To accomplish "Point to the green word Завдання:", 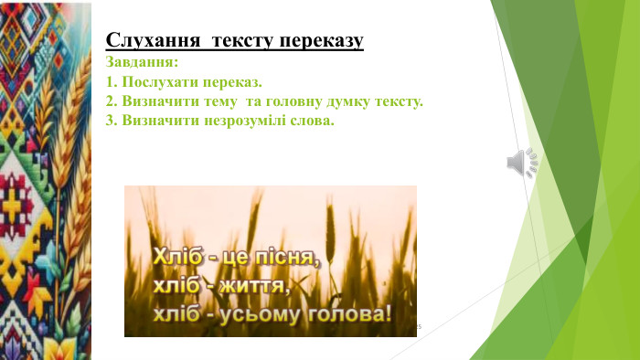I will pos(143,63).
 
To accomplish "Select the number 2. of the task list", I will pos(112,101).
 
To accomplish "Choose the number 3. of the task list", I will pos(112,121).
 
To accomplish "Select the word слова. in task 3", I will pos(312,121).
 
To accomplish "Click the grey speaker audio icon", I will pos(523,163).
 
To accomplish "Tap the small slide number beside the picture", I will pos(418,326).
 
